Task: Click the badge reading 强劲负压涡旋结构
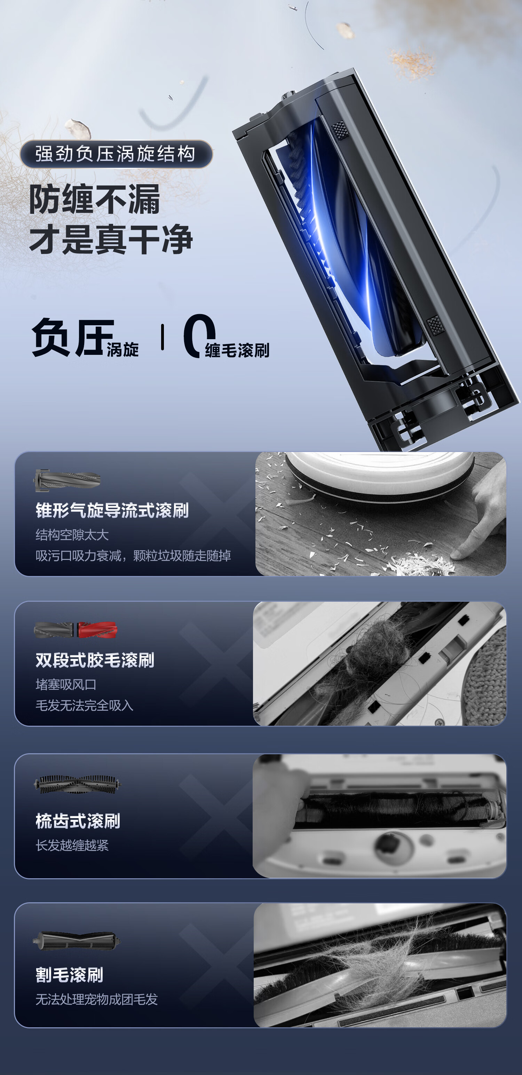(116, 154)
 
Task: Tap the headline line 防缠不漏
(95, 200)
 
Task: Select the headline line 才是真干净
(111, 239)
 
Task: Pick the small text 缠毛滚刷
(237, 350)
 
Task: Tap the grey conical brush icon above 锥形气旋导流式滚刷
(68, 480)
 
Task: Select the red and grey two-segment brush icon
(76, 630)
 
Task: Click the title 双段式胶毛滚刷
(95, 660)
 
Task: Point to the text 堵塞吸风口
(66, 684)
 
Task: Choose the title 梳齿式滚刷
(78, 821)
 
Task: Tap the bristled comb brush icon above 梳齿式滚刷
(78, 785)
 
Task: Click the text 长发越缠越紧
(72, 845)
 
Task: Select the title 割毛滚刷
(69, 975)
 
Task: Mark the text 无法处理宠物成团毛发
(97, 999)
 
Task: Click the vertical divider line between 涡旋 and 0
(162, 337)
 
